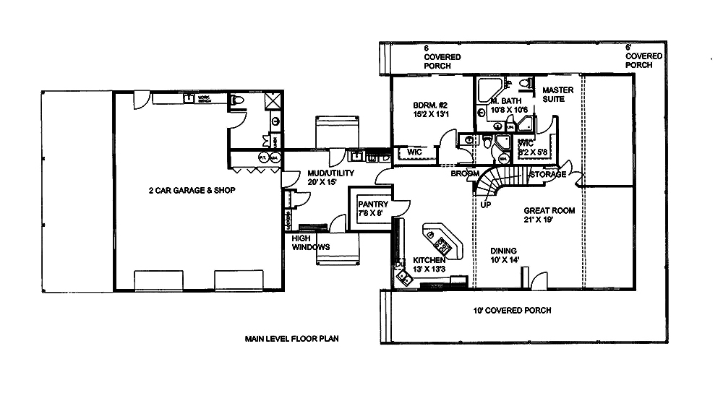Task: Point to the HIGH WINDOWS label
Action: click(310, 243)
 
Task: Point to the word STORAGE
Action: click(547, 175)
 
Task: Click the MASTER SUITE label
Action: click(557, 95)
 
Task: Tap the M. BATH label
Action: click(506, 105)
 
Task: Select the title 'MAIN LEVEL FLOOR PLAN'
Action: click(291, 338)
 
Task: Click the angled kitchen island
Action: click(443, 241)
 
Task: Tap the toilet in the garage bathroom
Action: click(237, 101)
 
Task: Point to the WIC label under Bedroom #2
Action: click(414, 152)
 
